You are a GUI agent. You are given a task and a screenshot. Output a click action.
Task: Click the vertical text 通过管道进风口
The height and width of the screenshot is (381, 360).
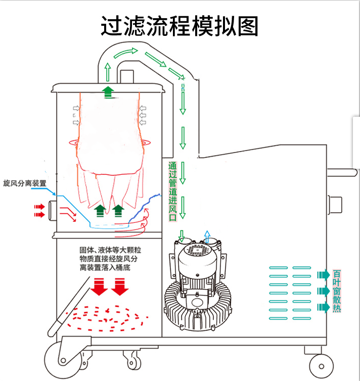(x=172, y=192)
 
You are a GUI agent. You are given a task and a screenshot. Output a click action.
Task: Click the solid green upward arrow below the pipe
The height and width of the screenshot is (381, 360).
(x=107, y=91)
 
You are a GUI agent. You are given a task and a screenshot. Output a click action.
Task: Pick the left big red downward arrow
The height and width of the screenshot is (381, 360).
(x=99, y=287)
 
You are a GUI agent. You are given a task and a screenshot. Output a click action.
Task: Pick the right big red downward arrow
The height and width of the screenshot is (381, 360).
(x=120, y=287)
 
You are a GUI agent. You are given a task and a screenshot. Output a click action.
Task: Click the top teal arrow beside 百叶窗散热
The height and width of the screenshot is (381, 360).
(x=322, y=274)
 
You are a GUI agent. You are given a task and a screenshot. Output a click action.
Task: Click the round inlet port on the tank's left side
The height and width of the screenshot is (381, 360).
(x=53, y=211)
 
